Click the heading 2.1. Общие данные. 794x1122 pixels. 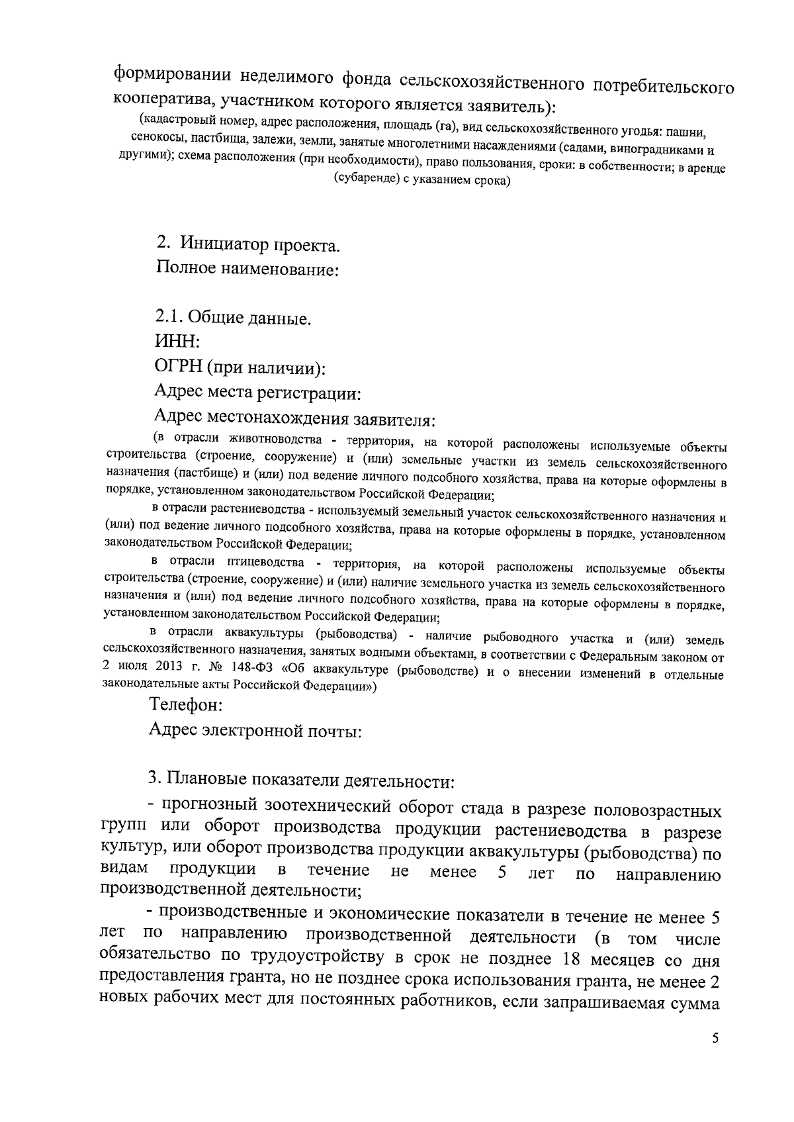point(233,318)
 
